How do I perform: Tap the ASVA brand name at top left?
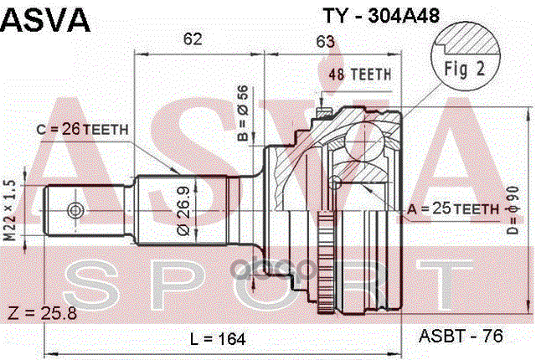pos(46,18)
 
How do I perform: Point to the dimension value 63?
pos(326,39)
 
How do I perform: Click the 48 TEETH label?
pos(360,74)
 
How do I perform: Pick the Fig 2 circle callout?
pos(471,70)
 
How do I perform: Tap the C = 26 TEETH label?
pos(82,129)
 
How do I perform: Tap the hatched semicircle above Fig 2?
pos(473,39)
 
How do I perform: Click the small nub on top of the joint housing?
pos(322,111)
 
